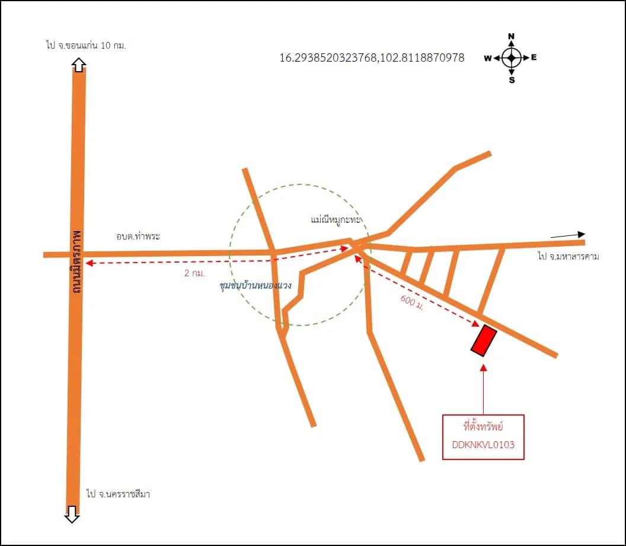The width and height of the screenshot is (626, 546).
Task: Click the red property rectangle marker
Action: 484,340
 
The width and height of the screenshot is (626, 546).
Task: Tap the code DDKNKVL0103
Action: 483,445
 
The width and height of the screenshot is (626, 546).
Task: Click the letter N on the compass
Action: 512,36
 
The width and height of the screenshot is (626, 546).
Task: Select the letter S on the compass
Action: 512,80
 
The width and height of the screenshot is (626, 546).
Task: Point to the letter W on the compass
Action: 488,58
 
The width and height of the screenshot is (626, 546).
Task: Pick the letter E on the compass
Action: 534,57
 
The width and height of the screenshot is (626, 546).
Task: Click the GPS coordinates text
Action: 372,58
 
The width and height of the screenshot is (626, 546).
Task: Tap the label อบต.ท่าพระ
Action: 138,236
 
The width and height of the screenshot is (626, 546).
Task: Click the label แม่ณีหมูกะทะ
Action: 336,219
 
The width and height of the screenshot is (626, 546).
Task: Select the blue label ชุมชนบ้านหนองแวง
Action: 255,285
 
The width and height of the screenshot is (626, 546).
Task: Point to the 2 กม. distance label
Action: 194,273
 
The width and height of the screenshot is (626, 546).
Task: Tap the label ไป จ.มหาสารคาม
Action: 568,256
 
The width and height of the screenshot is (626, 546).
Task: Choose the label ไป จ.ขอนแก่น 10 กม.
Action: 86,45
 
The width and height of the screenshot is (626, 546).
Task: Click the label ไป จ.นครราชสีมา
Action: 118,494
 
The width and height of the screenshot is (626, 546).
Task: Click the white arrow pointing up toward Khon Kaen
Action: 79,65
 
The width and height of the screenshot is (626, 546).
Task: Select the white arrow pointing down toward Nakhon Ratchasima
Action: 72,514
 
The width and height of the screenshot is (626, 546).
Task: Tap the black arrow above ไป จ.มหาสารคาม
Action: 568,235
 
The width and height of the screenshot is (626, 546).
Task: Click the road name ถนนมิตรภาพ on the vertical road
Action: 76,261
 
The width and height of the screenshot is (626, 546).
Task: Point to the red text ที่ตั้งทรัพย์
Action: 483,426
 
